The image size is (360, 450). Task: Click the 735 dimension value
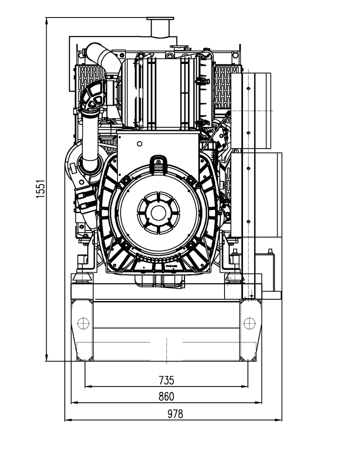point(166,380)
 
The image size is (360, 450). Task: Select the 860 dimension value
point(166,396)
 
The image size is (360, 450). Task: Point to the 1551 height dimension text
point(41,189)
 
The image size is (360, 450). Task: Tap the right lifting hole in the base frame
point(248,323)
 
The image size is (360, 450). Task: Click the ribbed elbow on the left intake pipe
point(94,97)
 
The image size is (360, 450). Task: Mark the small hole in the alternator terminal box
point(139,143)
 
